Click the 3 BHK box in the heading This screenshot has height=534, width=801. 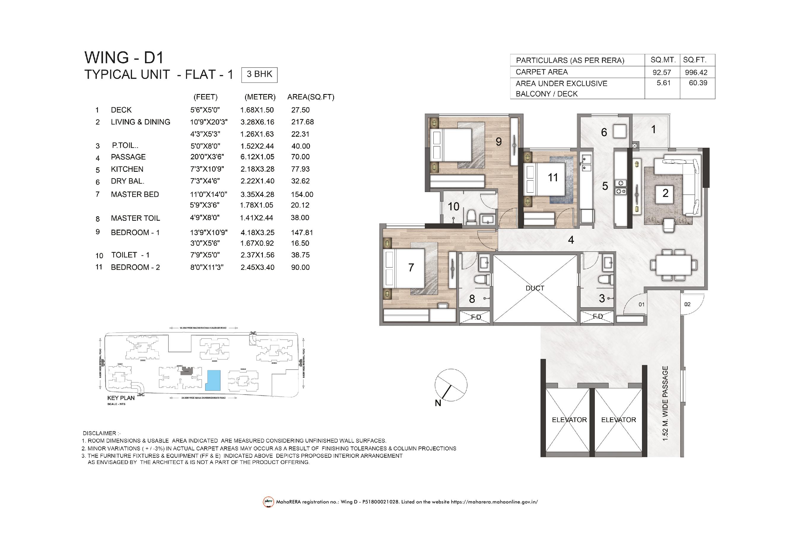(259, 74)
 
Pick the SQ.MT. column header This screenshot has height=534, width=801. (662, 60)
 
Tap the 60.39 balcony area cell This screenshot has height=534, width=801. (698, 83)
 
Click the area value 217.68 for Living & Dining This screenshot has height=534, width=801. (302, 122)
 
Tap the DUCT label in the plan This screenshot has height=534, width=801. (534, 288)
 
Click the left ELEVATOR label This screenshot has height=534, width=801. (569, 420)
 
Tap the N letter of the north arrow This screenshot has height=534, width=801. (438, 403)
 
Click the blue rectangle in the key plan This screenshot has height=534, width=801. (213, 380)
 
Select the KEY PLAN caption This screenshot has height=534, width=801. (121, 398)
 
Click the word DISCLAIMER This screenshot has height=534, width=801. (99, 433)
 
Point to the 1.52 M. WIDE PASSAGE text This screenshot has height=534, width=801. (665, 403)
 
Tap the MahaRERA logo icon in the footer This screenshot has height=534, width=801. (268, 502)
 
